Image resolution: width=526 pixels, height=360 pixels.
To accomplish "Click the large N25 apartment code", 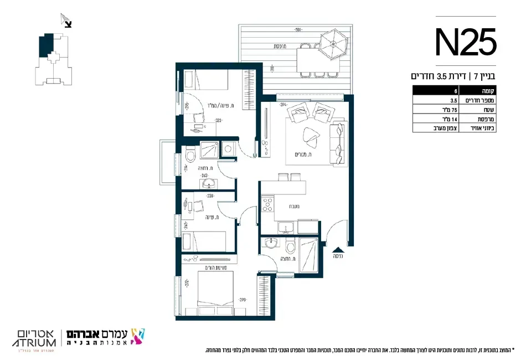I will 466,42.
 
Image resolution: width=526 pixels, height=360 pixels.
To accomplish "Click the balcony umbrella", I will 334,42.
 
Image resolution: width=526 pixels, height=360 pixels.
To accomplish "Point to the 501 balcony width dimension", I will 297,30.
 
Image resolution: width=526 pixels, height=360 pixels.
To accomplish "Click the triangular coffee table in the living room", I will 308,136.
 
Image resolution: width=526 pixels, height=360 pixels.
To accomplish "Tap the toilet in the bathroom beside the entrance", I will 291,246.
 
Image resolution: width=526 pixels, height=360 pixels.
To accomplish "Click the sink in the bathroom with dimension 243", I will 209,183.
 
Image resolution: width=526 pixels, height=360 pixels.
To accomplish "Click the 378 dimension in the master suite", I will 242,300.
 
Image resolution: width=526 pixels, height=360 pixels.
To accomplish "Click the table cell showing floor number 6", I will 440,91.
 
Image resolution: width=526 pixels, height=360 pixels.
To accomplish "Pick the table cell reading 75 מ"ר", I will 440,110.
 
